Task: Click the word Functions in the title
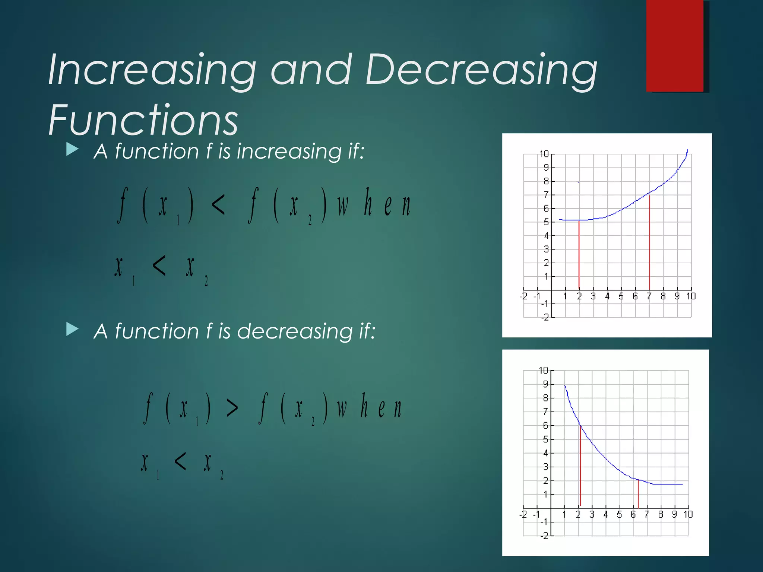(x=143, y=120)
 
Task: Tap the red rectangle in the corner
(x=675, y=45)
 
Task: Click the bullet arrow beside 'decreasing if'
(x=72, y=329)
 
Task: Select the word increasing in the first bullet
(x=289, y=152)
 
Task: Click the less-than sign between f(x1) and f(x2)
(x=218, y=205)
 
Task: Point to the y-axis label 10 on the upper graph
(x=544, y=154)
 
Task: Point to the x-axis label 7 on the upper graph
(x=649, y=296)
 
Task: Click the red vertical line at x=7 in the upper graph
(x=649, y=242)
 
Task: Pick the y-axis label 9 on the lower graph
(x=545, y=384)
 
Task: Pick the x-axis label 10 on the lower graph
(x=688, y=514)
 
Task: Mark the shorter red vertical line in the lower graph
(x=638, y=494)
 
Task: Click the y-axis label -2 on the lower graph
(x=544, y=536)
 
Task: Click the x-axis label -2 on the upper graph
(x=523, y=296)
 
